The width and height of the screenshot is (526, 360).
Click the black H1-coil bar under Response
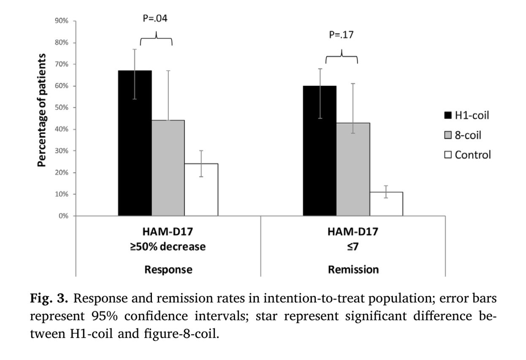135,144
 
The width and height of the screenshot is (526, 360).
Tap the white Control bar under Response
201,190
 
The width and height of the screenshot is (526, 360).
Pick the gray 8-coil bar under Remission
353,169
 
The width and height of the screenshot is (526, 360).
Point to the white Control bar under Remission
386,204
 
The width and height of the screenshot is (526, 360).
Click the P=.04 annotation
156,19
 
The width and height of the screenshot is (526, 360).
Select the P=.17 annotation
341,35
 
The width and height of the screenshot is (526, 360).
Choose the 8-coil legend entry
463,135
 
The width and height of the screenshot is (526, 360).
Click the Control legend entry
468,155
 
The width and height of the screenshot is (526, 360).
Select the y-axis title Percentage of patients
42,110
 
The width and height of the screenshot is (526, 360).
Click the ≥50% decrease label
168,247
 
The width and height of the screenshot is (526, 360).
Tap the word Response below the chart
168,270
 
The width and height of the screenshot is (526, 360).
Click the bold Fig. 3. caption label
49,300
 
